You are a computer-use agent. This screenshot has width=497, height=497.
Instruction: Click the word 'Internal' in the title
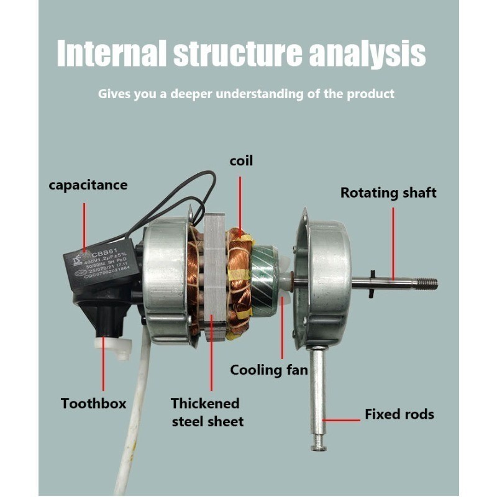[x=111, y=53]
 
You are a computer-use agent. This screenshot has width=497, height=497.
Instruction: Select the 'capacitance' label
[x=88, y=185]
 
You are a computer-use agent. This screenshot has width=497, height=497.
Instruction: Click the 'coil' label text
[x=241, y=161]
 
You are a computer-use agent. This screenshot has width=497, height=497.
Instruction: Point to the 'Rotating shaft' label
[x=388, y=193]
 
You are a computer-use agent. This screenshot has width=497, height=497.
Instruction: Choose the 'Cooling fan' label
[x=269, y=370]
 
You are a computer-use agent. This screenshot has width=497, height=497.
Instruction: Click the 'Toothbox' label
[x=93, y=404]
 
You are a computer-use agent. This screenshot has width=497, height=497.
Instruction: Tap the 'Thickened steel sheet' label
[x=207, y=412]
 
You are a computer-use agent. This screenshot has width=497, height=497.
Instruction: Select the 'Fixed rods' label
[x=399, y=414]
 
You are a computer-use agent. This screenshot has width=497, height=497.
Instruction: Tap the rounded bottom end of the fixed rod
[x=319, y=442]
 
